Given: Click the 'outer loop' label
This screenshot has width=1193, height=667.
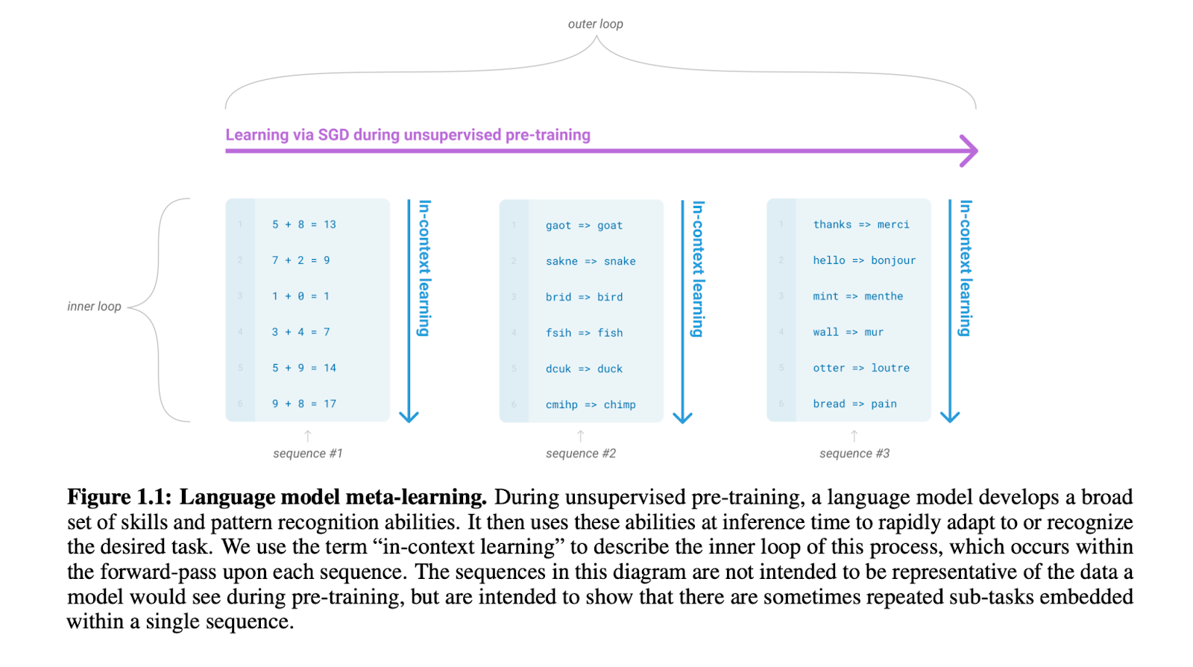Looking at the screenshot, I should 595,24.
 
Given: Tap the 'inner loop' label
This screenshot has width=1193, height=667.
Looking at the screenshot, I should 94,307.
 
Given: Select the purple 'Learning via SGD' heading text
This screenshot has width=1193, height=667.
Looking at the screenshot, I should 408,135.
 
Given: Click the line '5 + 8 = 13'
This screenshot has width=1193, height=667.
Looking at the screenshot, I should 304,225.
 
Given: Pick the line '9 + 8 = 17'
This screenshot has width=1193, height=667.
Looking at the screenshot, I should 304,404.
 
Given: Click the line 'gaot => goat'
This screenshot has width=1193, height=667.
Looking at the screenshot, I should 584,225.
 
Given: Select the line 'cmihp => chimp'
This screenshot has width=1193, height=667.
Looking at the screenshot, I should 591,404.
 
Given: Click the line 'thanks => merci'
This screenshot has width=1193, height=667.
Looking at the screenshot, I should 861,225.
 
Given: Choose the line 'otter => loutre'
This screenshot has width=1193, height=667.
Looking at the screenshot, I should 861,368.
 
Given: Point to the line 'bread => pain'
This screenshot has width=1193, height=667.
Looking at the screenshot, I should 854,404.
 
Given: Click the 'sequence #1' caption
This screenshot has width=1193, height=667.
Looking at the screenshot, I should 308,454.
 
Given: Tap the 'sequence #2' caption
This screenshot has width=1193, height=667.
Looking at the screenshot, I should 581,454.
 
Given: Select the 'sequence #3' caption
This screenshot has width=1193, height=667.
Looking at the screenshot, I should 854,454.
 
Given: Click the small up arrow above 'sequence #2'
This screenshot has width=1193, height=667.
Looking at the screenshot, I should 581,435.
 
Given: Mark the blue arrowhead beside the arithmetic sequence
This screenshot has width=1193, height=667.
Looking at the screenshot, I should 409,416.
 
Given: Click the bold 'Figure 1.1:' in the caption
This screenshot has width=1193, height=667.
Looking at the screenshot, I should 119,497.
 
